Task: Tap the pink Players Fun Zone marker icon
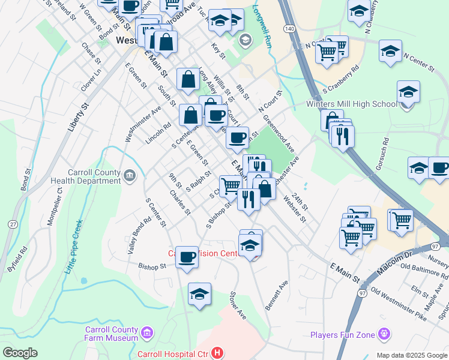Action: pos(385,334)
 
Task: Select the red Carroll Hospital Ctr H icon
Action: pos(217,354)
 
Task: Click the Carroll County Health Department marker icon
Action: pos(130,176)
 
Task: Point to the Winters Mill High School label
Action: pos(351,104)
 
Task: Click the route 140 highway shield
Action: pos(289,29)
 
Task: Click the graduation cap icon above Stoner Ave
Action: pos(199,294)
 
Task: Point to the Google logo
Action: pos(20,352)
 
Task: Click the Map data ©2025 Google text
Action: pos(412,355)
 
